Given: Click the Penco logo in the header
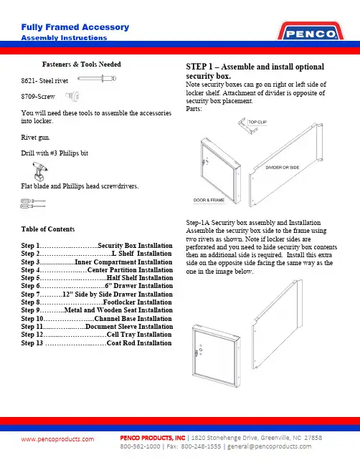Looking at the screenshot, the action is pyautogui.click(x=311, y=31).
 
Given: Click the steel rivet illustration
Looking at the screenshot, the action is pyautogui.click(x=97, y=79).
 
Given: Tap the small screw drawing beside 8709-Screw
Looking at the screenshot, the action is pyautogui.click(x=72, y=96).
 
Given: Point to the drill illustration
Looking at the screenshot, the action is pyautogui.click(x=39, y=171).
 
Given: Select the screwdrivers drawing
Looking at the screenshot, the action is pyautogui.click(x=33, y=203).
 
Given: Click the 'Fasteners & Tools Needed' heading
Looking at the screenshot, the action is pyautogui.click(x=81, y=64).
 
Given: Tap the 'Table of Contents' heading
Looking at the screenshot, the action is pyautogui.click(x=48, y=229).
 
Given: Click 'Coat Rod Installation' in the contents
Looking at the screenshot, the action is pyautogui.click(x=139, y=342).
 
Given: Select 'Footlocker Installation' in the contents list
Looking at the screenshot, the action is pyautogui.click(x=138, y=302).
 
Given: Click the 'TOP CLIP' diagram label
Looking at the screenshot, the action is pyautogui.click(x=257, y=123).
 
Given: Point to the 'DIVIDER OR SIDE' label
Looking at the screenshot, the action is pyautogui.click(x=283, y=168).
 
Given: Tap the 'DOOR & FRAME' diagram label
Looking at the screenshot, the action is pyautogui.click(x=209, y=200).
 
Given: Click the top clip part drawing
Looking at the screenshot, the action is pyautogui.click(x=246, y=126).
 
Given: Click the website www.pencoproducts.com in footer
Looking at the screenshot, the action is pyautogui.click(x=57, y=439).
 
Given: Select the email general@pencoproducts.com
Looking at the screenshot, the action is pyautogui.click(x=270, y=446).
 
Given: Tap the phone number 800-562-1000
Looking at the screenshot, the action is pyautogui.click(x=140, y=446).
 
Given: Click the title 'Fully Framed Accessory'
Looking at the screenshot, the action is pyautogui.click(x=75, y=27).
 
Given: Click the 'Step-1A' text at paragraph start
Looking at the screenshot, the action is pyautogui.click(x=198, y=223).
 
